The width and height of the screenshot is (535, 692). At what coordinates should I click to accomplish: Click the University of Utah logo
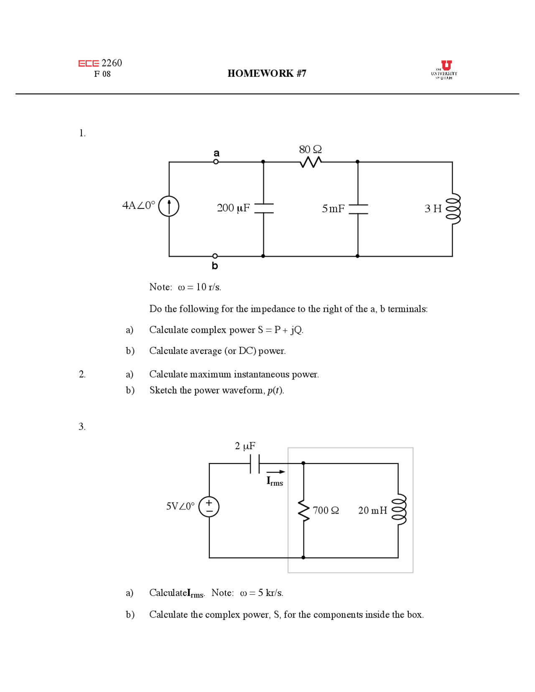click(444, 70)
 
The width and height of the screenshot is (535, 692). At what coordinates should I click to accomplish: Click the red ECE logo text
click(89, 64)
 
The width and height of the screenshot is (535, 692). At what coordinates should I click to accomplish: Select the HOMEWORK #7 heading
click(267, 74)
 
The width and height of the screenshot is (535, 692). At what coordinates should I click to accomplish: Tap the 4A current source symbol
click(169, 206)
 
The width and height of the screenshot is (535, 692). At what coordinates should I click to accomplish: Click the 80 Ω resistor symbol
click(311, 162)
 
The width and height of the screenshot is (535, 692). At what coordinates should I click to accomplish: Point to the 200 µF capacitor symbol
click(263, 209)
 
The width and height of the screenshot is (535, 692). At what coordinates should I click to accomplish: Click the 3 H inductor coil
click(453, 209)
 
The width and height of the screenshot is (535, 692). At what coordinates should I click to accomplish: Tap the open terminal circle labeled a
click(216, 162)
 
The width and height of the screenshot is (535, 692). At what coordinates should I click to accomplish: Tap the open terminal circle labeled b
click(215, 256)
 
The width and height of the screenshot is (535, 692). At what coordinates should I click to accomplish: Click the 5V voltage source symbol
click(209, 506)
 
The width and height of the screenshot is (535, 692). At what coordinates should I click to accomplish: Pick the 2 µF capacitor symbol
click(255, 463)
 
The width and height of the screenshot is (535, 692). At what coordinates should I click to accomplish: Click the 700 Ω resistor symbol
click(304, 511)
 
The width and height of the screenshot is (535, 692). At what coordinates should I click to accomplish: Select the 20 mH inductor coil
click(399, 510)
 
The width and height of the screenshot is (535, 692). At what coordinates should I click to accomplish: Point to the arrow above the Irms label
click(276, 472)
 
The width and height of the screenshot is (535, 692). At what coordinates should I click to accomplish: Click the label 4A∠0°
click(138, 206)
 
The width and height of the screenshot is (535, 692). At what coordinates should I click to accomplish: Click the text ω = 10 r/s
click(199, 287)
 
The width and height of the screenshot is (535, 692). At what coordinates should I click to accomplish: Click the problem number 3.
click(82, 427)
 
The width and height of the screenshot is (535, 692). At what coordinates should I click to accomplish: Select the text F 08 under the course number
click(102, 74)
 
